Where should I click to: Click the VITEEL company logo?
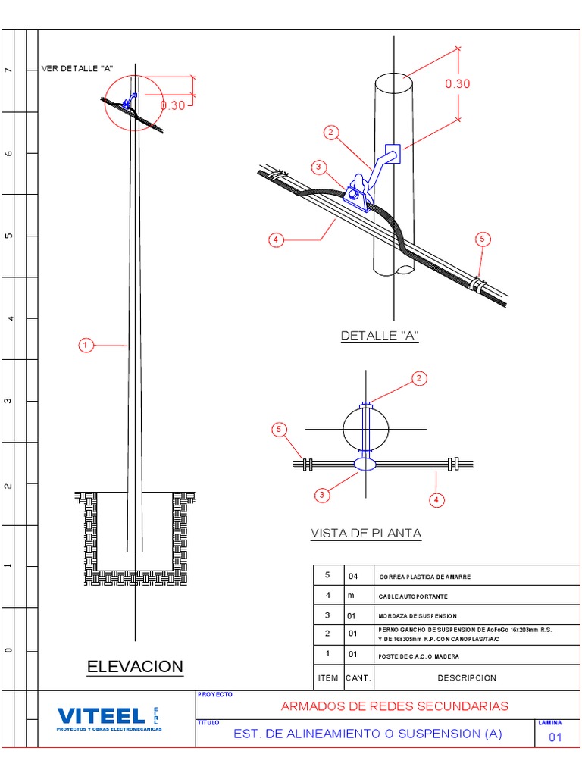(x=102, y=716)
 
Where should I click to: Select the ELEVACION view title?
(x=135, y=667)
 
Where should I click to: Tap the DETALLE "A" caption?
(x=379, y=336)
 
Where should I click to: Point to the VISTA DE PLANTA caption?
(x=366, y=533)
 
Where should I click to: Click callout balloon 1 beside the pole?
(x=85, y=346)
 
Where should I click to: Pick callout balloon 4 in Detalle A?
(x=276, y=240)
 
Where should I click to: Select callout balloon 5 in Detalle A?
(x=483, y=239)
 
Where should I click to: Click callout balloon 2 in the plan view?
(x=420, y=378)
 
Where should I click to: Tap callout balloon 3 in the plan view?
(x=322, y=495)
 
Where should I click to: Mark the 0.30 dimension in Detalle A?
(x=457, y=83)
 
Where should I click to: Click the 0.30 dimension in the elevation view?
(x=173, y=105)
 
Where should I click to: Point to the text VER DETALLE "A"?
(x=77, y=68)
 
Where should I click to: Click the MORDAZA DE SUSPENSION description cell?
(x=419, y=616)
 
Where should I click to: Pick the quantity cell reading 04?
(x=353, y=576)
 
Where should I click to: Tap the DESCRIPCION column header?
(x=466, y=677)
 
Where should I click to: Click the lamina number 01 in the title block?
(x=555, y=737)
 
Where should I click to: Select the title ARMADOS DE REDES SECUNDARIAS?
(x=394, y=706)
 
